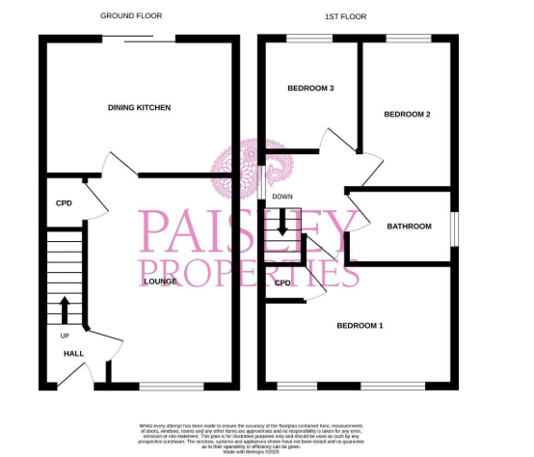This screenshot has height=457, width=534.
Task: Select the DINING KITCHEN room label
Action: tap(139, 108)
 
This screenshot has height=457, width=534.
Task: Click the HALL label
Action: tap(73, 354)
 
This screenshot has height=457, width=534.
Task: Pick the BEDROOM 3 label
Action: tap(310, 89)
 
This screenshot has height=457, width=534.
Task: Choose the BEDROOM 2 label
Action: tap(406, 115)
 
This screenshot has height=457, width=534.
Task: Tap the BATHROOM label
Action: tap(409, 227)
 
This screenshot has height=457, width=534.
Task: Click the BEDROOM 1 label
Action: tap(359, 326)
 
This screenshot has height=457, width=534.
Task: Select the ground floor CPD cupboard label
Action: tap(64, 203)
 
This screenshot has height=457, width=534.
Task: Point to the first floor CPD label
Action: tap(282, 283)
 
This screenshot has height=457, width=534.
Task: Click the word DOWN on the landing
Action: tap(281, 198)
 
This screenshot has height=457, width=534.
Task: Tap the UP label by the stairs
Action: tap(65, 336)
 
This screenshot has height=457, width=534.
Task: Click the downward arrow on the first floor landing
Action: tap(282, 225)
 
